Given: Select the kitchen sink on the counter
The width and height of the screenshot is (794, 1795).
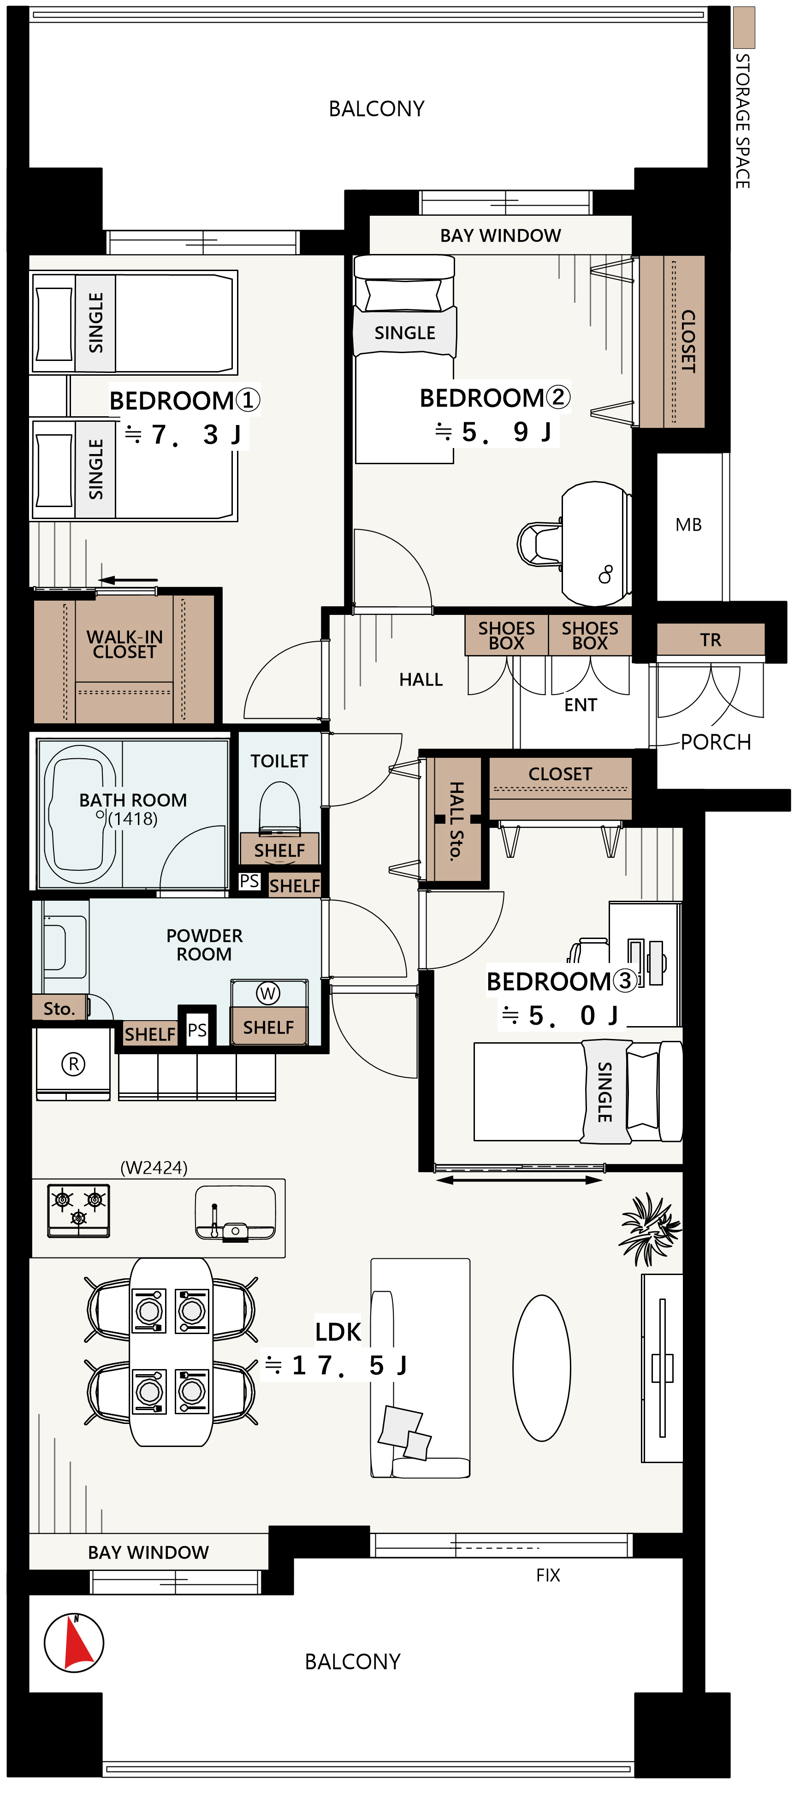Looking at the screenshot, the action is [236, 1213].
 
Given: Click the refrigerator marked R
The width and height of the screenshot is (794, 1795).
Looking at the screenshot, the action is [73, 1064].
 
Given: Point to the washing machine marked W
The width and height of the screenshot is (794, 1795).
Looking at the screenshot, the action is [268, 993].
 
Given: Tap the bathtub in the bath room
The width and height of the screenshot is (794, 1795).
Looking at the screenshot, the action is [80, 815].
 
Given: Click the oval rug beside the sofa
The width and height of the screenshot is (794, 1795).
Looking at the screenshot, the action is [542, 1367].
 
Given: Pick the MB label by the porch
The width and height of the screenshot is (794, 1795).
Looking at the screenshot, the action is [689, 525].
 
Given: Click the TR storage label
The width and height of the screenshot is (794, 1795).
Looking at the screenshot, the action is [711, 640].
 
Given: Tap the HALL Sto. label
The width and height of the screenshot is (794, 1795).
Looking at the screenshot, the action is [456, 821].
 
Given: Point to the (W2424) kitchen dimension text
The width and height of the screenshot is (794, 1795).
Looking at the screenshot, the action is [154, 1167].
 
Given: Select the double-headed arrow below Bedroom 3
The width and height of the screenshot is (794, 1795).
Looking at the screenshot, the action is [519, 1180].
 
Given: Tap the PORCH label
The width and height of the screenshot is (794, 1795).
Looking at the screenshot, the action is [716, 742].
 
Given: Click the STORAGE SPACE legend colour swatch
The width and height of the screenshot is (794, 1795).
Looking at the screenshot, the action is [744, 27].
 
